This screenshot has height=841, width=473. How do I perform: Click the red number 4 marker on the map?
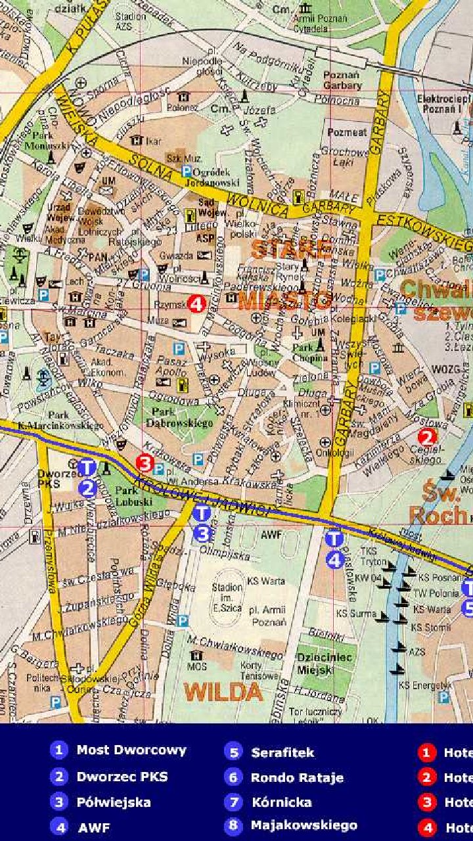click(196, 304)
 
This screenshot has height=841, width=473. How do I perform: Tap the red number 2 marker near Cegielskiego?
click(427, 437)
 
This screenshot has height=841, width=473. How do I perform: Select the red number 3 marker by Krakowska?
click(145, 463)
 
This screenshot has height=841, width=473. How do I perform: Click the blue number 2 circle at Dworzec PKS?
click(88, 488)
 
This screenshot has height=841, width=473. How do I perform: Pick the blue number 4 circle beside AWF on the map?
click(335, 560)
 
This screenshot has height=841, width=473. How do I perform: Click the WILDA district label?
click(223, 692)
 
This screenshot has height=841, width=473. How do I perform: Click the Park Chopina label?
click(310, 353)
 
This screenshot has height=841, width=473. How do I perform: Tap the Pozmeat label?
click(347, 132)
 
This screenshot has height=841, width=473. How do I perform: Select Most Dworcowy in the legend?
click(131, 750)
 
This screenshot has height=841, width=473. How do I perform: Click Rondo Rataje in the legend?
click(297, 778)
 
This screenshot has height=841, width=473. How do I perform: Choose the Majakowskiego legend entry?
click(304, 825)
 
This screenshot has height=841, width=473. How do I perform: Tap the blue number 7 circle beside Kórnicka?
click(233, 802)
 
